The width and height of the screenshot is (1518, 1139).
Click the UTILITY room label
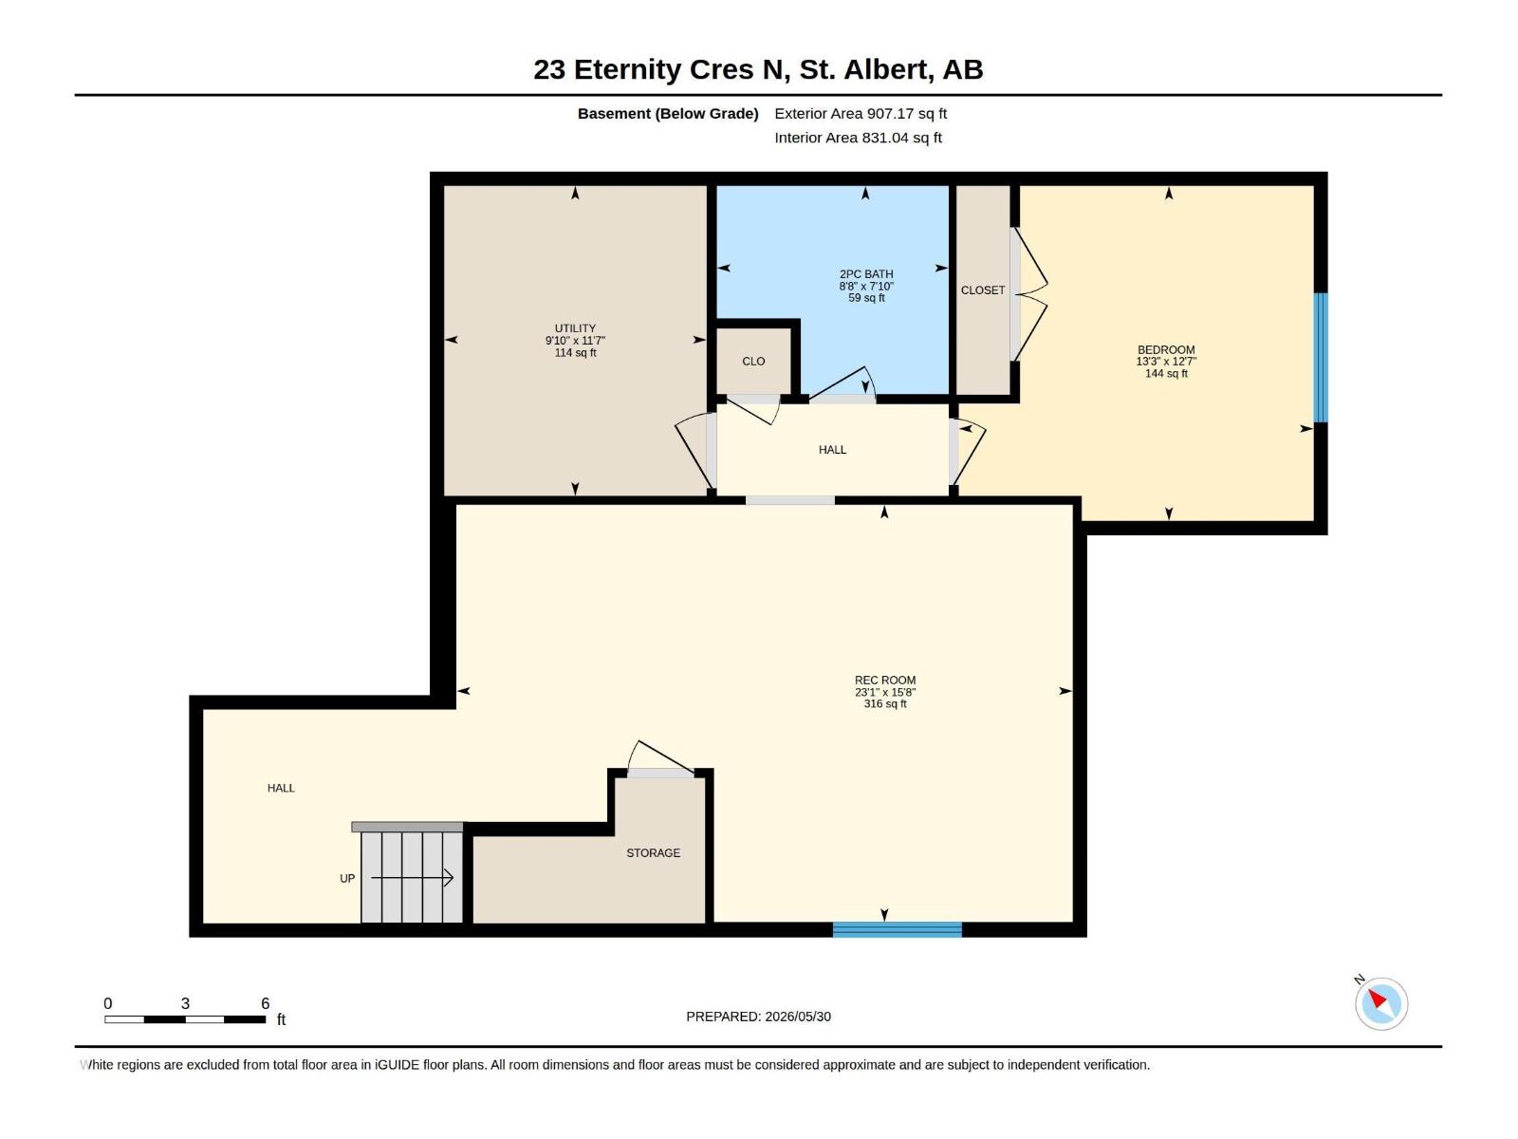575,328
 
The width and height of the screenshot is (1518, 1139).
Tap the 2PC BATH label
866,274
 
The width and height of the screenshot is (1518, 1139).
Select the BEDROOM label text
1166,350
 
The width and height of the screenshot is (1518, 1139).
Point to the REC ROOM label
884,680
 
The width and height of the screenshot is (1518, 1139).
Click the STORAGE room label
653,852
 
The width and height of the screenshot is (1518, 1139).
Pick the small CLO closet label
753,361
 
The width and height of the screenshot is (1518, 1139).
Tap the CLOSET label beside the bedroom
982,289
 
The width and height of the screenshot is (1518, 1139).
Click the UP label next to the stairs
347,878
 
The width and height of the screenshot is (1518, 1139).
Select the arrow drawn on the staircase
412,878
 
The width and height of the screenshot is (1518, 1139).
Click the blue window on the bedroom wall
1321,357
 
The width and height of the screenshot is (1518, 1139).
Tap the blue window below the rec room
897,929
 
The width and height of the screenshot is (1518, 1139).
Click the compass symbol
1380,1002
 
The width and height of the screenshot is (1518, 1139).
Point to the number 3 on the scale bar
185,1002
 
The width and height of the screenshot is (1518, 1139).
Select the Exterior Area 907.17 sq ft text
861,113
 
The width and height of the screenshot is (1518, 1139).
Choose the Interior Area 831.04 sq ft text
859,138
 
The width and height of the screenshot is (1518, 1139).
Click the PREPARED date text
759,1016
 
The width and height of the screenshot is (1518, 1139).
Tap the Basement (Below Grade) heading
668,113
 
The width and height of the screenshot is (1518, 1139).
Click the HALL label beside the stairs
281,788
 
